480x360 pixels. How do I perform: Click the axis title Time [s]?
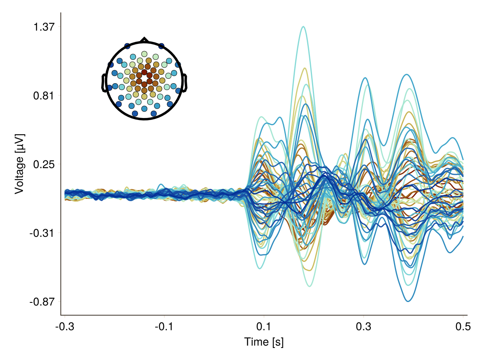click(x=264, y=342)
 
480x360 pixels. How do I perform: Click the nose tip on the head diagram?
click(x=144, y=39)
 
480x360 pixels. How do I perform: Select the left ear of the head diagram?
click(x=104, y=83)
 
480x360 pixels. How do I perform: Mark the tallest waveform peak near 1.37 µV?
click(x=303, y=27)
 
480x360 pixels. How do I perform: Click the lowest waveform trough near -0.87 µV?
click(x=408, y=301)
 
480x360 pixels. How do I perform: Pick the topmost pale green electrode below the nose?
click(x=144, y=54)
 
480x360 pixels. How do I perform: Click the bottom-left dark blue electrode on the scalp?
click(x=135, y=114)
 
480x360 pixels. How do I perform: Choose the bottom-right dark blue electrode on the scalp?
click(x=154, y=114)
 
